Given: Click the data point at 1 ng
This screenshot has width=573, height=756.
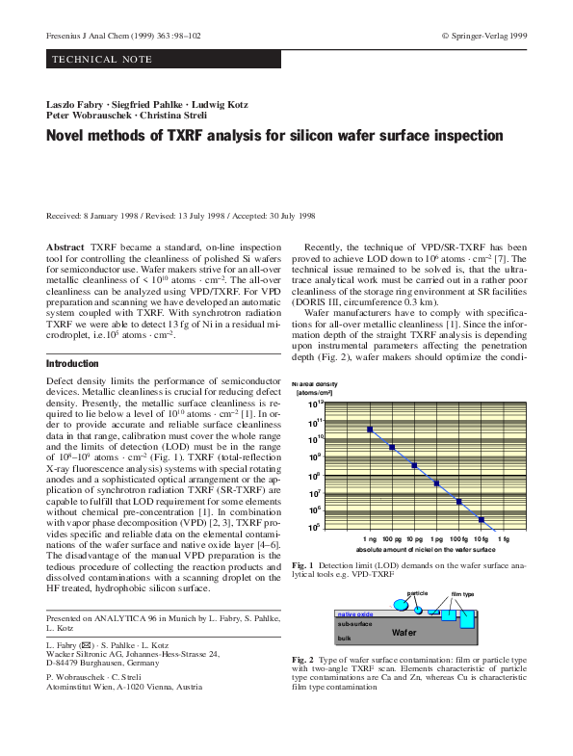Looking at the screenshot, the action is (x=370, y=430).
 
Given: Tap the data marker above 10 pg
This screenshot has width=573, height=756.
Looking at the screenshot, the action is (x=414, y=466).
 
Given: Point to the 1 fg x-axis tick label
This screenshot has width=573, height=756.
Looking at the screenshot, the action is (x=504, y=539).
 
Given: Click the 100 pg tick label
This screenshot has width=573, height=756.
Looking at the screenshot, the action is (x=391, y=539).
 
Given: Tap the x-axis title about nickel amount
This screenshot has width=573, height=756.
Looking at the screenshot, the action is (x=417, y=549).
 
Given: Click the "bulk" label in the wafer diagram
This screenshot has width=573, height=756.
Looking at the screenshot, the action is (x=344, y=639).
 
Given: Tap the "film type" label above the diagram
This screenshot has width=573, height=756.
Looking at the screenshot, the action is (x=463, y=593).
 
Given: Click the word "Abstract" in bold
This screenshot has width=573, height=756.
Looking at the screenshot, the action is (x=65, y=248).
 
